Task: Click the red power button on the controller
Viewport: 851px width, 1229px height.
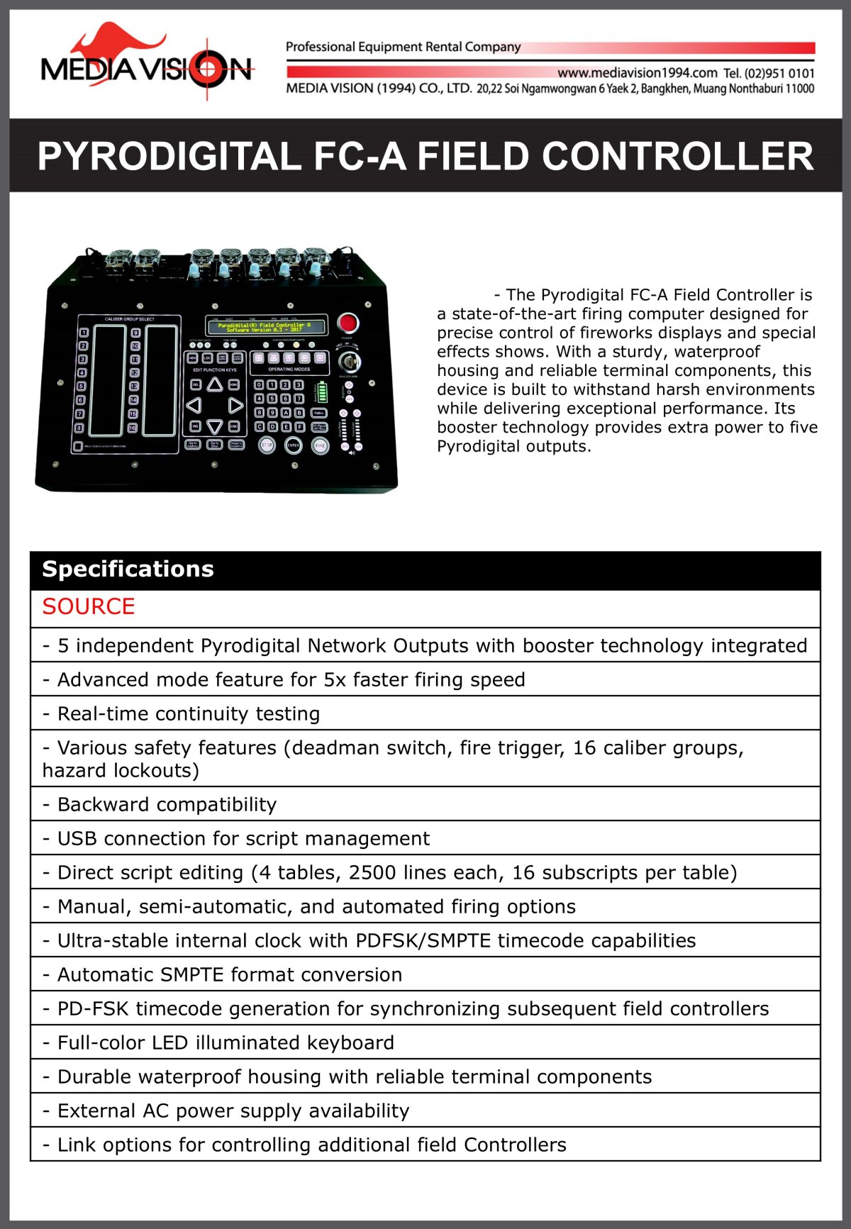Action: (x=347, y=323)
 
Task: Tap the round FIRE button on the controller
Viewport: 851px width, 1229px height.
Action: (x=321, y=446)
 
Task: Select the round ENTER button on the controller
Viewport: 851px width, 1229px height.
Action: (x=294, y=445)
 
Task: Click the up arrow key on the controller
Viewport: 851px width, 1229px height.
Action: (x=215, y=384)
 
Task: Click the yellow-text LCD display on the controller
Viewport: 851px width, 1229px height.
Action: (x=267, y=326)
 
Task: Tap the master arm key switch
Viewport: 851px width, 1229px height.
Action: (x=349, y=362)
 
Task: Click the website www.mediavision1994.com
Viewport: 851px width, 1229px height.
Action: (x=637, y=73)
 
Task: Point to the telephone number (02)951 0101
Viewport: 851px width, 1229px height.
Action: (x=779, y=73)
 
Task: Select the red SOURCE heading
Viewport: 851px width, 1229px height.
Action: (x=89, y=607)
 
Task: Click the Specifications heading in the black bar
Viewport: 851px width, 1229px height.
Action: (x=128, y=569)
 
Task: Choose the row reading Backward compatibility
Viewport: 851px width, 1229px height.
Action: (x=167, y=804)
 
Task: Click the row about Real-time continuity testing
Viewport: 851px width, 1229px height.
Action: (x=188, y=713)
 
